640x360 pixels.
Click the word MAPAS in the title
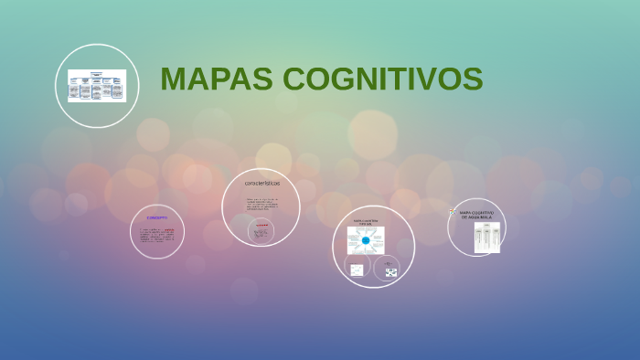pyautogui.click(x=217, y=80)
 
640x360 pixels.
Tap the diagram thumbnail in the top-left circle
pyautogui.click(x=97, y=86)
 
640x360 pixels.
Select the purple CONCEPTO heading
pyautogui.click(x=157, y=218)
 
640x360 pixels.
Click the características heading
pyautogui.click(x=262, y=183)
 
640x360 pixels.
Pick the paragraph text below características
pyautogui.click(x=261, y=204)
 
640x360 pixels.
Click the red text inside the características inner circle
pyautogui.click(x=261, y=225)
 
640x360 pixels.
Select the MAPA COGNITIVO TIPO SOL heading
pyautogui.click(x=366, y=221)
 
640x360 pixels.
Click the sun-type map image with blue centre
pyautogui.click(x=366, y=241)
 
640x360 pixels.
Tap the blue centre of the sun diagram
pyautogui.click(x=366, y=240)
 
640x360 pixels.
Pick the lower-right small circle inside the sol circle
pyautogui.click(x=390, y=270)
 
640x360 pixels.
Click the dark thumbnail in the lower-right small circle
pyautogui.click(x=390, y=272)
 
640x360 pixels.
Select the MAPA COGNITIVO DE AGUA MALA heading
pyautogui.click(x=476, y=215)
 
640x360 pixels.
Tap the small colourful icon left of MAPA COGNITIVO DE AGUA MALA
pyautogui.click(x=453, y=212)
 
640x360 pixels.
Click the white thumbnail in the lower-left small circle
pyautogui.click(x=357, y=270)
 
